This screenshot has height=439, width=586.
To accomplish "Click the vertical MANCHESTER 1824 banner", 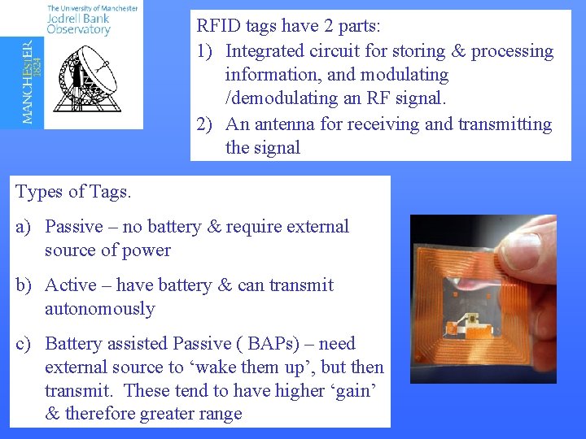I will coord(29,81).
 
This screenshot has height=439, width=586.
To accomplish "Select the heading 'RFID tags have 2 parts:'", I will coord(288,26).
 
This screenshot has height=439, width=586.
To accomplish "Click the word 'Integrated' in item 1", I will coord(265,51).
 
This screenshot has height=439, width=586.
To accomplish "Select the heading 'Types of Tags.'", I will coord(73,193).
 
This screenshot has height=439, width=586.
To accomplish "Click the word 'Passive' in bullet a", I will coord(74,227).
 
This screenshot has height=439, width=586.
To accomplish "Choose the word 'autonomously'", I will coord(99,309).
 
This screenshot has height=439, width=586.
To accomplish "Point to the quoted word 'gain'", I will coord(357,390).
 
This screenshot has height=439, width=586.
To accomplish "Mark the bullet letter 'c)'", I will coord(24,344).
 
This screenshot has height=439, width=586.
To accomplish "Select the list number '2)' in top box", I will coord(206,124).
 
